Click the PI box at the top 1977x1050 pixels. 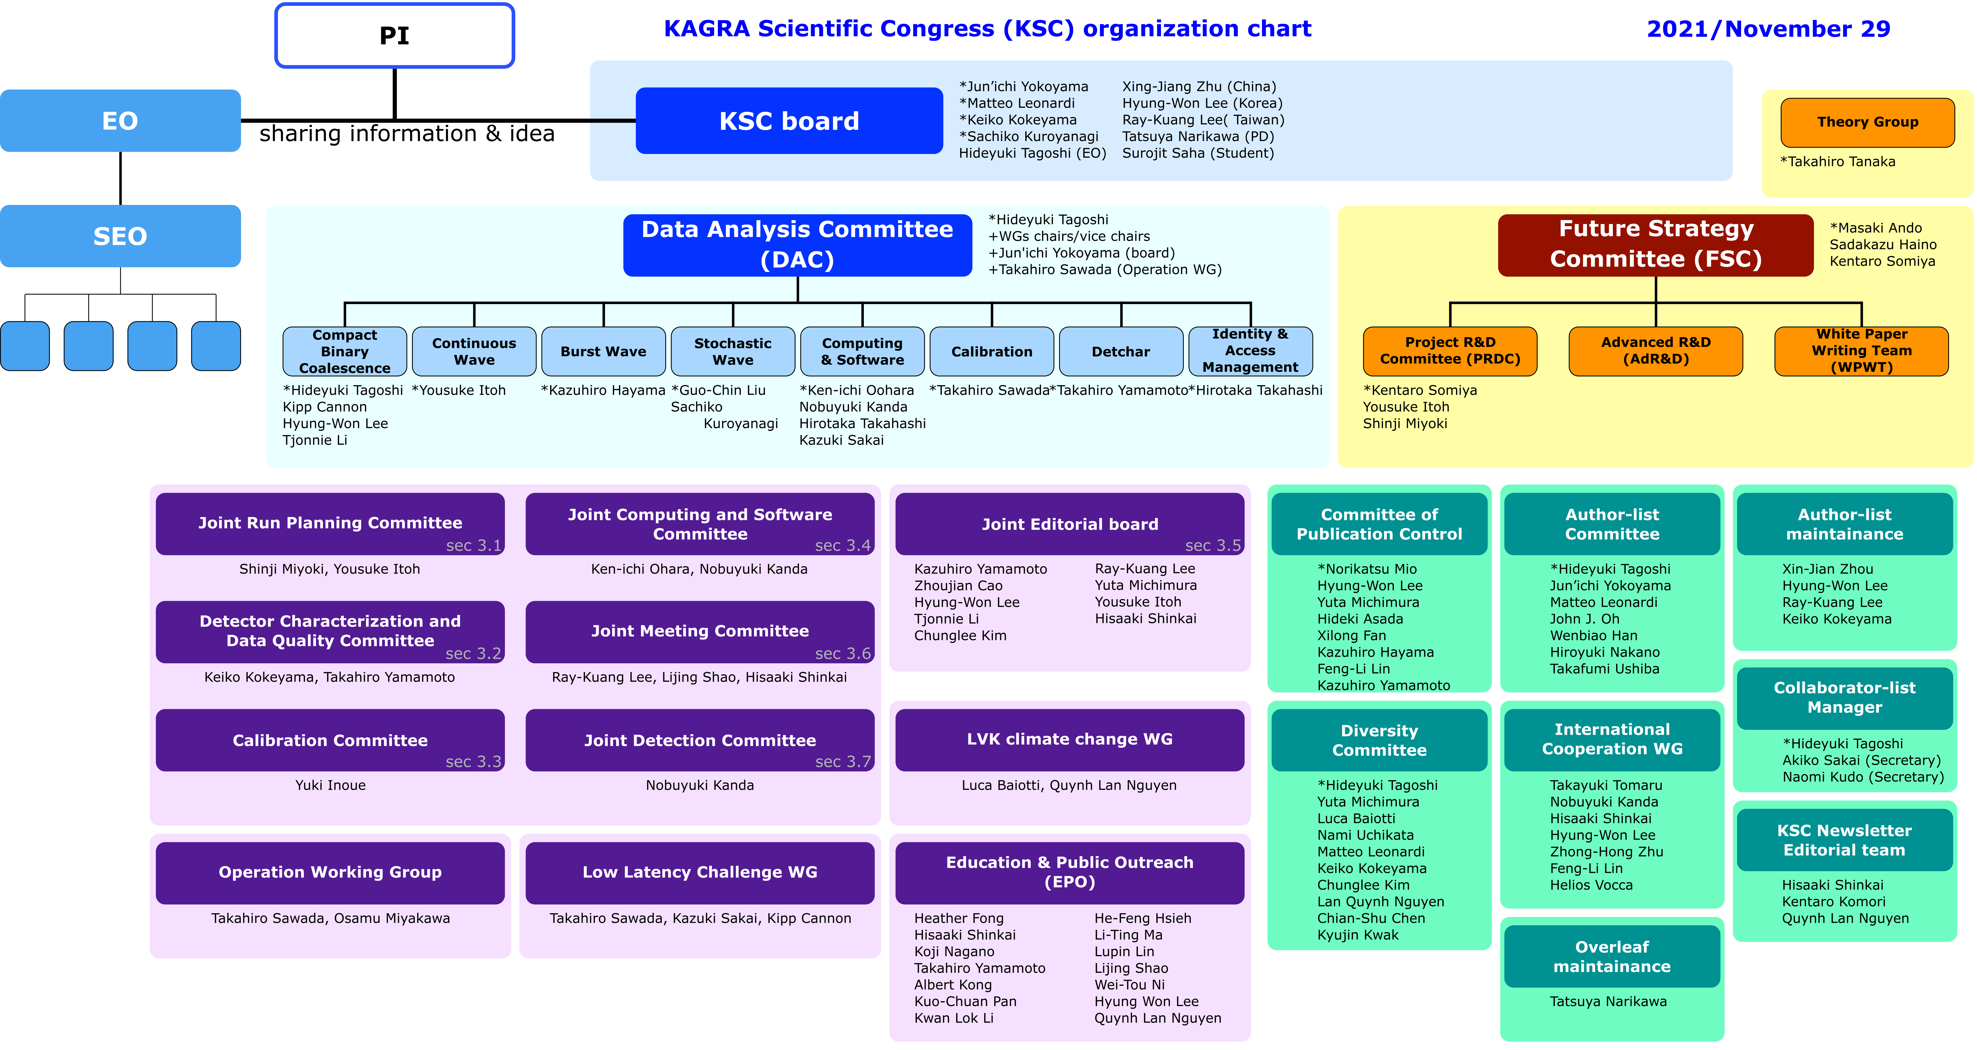click(x=394, y=35)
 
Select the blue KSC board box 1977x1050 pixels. click(x=789, y=121)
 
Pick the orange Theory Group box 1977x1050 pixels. click(x=1867, y=122)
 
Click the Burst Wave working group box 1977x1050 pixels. click(x=603, y=352)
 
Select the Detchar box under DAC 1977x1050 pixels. click(x=1121, y=352)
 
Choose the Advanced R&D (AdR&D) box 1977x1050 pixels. click(x=1655, y=351)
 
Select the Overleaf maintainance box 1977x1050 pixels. click(x=1612, y=956)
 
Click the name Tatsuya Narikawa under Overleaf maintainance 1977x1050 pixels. click(x=1608, y=1002)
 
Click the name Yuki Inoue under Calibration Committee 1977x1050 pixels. click(x=330, y=785)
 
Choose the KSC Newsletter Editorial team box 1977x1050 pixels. click(x=1844, y=840)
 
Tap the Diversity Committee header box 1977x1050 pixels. click(x=1379, y=740)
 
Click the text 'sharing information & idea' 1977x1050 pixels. click(x=407, y=134)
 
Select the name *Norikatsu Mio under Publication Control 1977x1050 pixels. click(x=1367, y=569)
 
